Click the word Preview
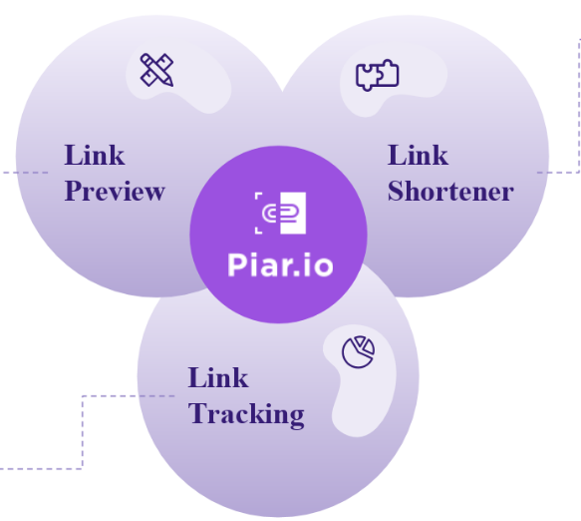point(115,192)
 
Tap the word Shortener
point(450,191)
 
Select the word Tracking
point(246,414)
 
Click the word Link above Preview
point(95,155)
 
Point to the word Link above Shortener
point(418,155)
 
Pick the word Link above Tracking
point(218,377)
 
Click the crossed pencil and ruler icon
point(156,70)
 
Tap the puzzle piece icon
point(378,75)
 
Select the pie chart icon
point(358,351)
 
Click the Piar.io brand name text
point(280,264)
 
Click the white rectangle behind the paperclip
point(293,213)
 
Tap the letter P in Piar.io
point(236,264)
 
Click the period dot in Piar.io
point(296,273)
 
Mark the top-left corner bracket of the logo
point(258,196)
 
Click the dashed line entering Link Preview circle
point(24,173)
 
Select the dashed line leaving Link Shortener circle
point(579,106)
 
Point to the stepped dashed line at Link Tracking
point(83,433)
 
